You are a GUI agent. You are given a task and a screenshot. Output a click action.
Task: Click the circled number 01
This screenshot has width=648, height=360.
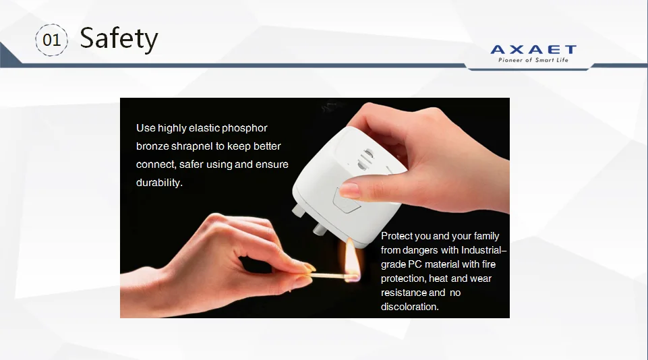tap(51, 40)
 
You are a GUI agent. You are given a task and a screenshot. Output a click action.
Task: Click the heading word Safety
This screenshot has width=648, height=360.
tap(119, 39)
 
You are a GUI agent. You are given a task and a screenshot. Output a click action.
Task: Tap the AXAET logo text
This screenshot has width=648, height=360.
tap(533, 50)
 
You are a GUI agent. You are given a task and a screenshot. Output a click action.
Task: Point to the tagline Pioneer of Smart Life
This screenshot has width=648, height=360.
tap(533, 61)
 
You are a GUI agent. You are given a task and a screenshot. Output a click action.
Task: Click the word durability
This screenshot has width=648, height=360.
tap(159, 183)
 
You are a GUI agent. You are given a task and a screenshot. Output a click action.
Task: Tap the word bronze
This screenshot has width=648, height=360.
tap(152, 146)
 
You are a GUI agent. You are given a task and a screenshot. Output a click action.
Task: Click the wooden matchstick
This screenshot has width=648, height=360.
tap(328, 274)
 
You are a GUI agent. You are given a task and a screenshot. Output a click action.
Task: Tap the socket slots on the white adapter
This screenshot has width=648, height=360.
tap(365, 160)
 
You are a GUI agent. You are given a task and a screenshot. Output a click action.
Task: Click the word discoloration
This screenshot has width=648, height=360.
tap(409, 307)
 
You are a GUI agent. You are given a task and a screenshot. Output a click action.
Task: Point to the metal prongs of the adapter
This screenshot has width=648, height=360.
tap(310, 219)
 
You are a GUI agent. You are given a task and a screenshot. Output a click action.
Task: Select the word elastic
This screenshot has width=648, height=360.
tap(204, 128)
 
